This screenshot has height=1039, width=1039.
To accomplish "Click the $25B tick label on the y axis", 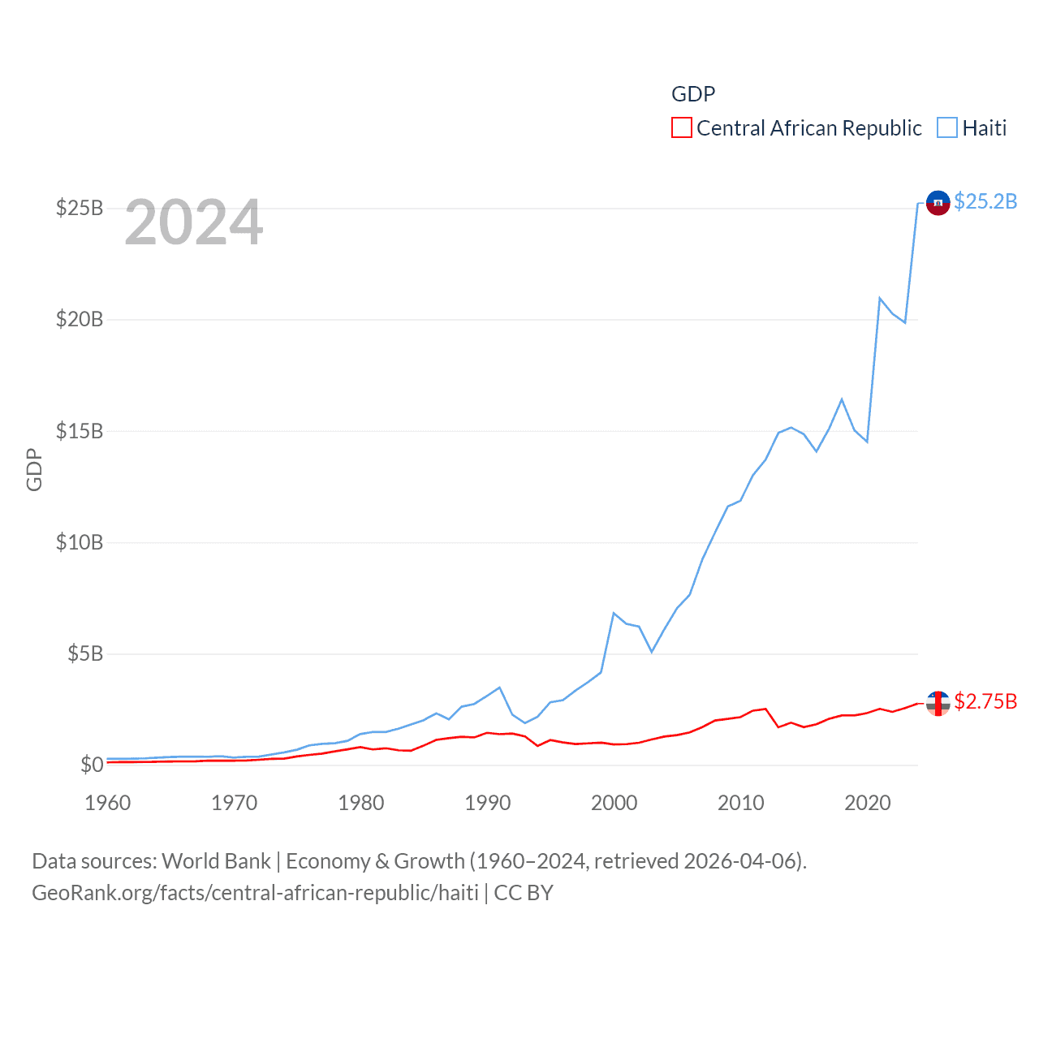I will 80,208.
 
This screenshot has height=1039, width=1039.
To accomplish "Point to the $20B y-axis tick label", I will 80,319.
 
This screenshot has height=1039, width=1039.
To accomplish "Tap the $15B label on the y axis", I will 80,431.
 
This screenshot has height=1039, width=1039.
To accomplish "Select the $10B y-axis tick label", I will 80,542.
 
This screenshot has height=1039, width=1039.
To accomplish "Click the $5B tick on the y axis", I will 85,653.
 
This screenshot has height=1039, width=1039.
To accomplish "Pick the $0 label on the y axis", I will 92,765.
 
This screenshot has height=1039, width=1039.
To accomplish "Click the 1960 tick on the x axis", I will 108,803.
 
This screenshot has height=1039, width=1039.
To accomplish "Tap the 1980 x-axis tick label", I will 361,803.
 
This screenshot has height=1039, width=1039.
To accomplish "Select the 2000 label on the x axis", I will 614,803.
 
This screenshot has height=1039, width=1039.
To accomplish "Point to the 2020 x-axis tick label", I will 868,803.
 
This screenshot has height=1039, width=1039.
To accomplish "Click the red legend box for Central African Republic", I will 682,128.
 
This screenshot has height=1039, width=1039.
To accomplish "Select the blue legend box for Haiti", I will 947,128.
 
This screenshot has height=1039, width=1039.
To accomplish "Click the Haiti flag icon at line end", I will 938,203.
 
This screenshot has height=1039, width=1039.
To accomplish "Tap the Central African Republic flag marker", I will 938,703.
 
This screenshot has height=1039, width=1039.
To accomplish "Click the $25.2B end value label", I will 985,201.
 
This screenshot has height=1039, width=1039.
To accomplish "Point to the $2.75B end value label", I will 985,701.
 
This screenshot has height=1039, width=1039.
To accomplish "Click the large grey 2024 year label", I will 194,222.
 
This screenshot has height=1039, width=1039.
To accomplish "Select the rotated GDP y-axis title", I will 34,469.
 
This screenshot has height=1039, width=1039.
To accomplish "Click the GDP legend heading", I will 693,94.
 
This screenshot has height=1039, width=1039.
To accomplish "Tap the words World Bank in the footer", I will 216,861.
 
